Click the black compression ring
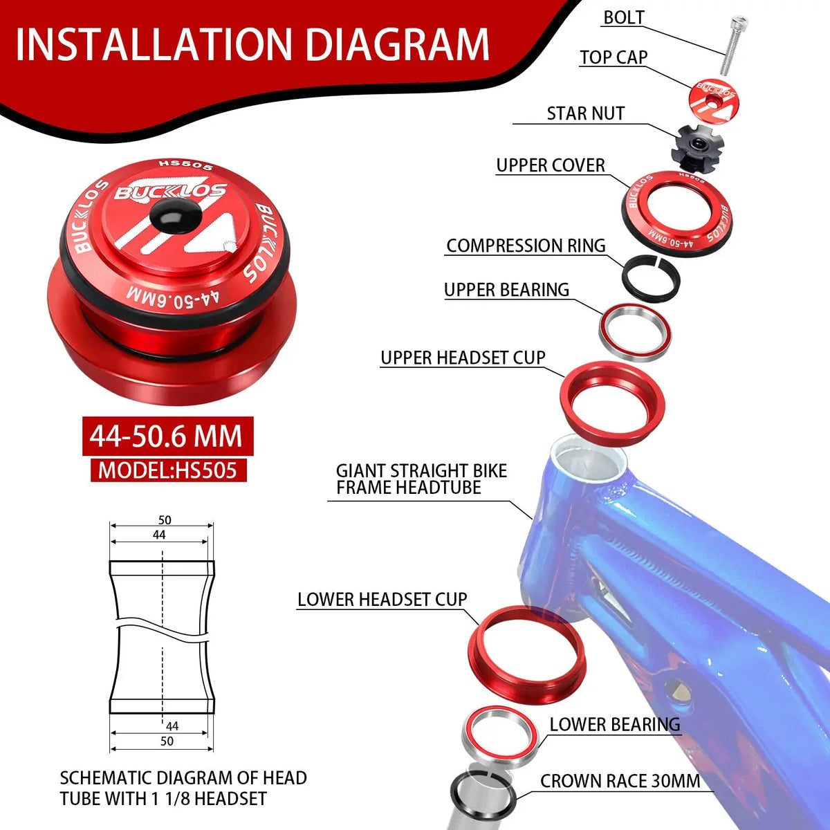pos(650,279)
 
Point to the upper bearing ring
pos(635,333)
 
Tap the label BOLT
pos(624,18)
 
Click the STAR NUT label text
pos(586,113)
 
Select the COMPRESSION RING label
pos(526,246)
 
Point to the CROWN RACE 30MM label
pos(620,781)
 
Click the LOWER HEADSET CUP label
pos(382,600)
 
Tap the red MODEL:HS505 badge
pos(168,470)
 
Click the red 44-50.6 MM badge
pos(167,436)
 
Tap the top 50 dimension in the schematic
pos(165,520)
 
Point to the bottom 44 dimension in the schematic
pos(172,726)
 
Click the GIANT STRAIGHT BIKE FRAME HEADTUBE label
pos(421,479)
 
